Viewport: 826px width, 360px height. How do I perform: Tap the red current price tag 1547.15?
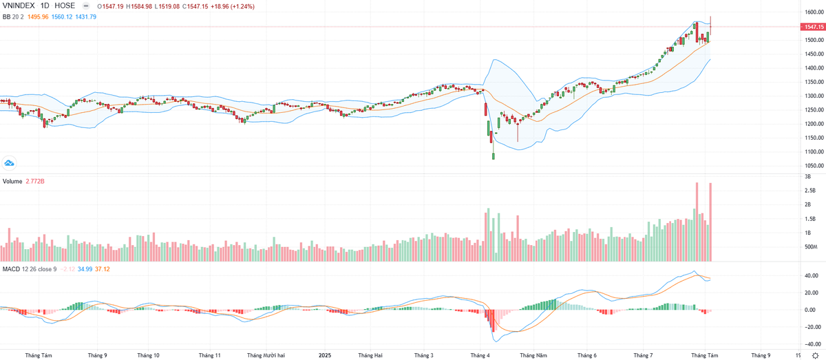(813, 27)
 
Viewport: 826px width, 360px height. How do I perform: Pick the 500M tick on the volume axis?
(811, 247)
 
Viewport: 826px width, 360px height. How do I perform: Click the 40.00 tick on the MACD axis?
(811, 275)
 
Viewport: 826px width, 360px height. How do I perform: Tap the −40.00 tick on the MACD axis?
(810, 344)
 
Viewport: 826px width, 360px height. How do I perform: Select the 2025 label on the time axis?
(326, 356)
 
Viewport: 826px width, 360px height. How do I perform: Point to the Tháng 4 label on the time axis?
(480, 356)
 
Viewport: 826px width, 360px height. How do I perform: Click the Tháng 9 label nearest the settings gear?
(761, 356)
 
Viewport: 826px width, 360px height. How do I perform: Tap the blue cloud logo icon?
(10, 162)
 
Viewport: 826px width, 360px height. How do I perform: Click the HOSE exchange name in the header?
(65, 5)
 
